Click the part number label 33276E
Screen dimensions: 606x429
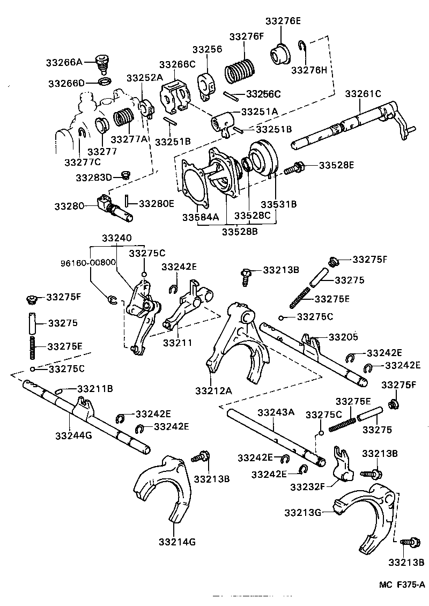283,21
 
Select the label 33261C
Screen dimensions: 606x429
363,93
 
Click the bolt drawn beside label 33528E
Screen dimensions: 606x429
294,168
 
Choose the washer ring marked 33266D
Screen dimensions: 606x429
105,82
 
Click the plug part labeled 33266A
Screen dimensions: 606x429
100,63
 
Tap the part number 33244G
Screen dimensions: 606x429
73,435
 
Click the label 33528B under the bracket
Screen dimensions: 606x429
240,232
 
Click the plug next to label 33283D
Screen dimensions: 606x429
127,175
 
